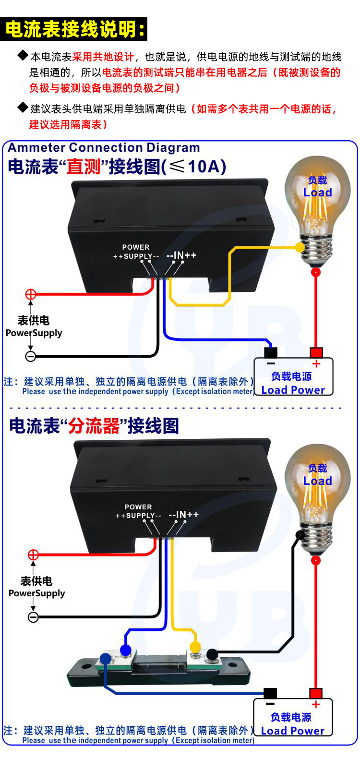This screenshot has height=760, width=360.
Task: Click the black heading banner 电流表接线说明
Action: [x=74, y=29]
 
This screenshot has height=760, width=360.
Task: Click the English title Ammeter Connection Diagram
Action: [x=104, y=148]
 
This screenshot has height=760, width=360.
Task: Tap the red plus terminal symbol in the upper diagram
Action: [x=30, y=294]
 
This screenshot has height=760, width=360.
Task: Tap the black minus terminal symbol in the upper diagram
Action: [x=30, y=356]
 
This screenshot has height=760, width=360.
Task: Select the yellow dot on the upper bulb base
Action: [x=300, y=247]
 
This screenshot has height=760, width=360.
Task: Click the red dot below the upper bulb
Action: [x=316, y=272]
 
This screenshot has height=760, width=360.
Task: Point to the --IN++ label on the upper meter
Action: [x=181, y=255]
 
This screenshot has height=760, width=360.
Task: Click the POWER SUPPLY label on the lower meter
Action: [x=138, y=511]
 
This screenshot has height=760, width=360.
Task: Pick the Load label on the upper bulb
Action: [x=317, y=193]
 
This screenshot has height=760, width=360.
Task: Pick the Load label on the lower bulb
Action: [x=317, y=481]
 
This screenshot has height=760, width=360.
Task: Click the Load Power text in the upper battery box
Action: [x=293, y=390]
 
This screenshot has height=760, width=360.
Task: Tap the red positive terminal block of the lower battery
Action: [x=315, y=693]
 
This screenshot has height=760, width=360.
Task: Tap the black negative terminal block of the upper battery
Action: [x=271, y=352]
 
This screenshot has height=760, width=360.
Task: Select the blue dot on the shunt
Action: [x=126, y=651]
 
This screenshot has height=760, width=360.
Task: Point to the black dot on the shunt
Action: [x=211, y=653]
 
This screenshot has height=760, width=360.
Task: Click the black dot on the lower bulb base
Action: [x=300, y=535]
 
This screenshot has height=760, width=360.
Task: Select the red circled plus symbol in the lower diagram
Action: [x=33, y=555]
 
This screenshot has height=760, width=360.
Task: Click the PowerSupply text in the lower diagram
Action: [x=36, y=593]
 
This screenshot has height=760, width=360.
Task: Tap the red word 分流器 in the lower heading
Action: [x=94, y=426]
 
